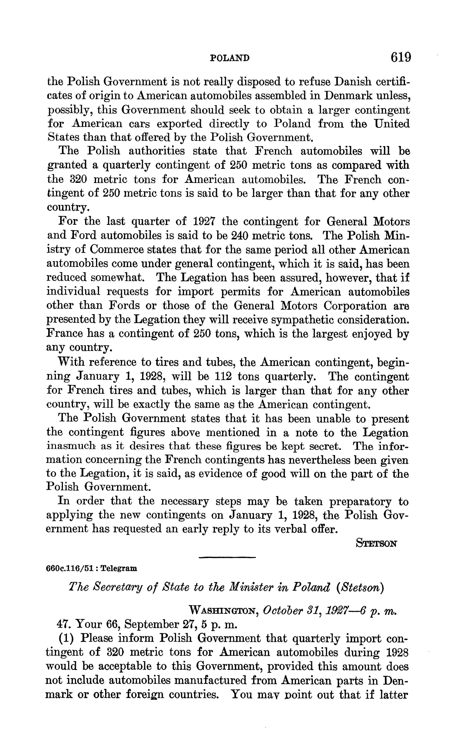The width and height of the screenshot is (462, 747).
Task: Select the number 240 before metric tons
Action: (x=241, y=235)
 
